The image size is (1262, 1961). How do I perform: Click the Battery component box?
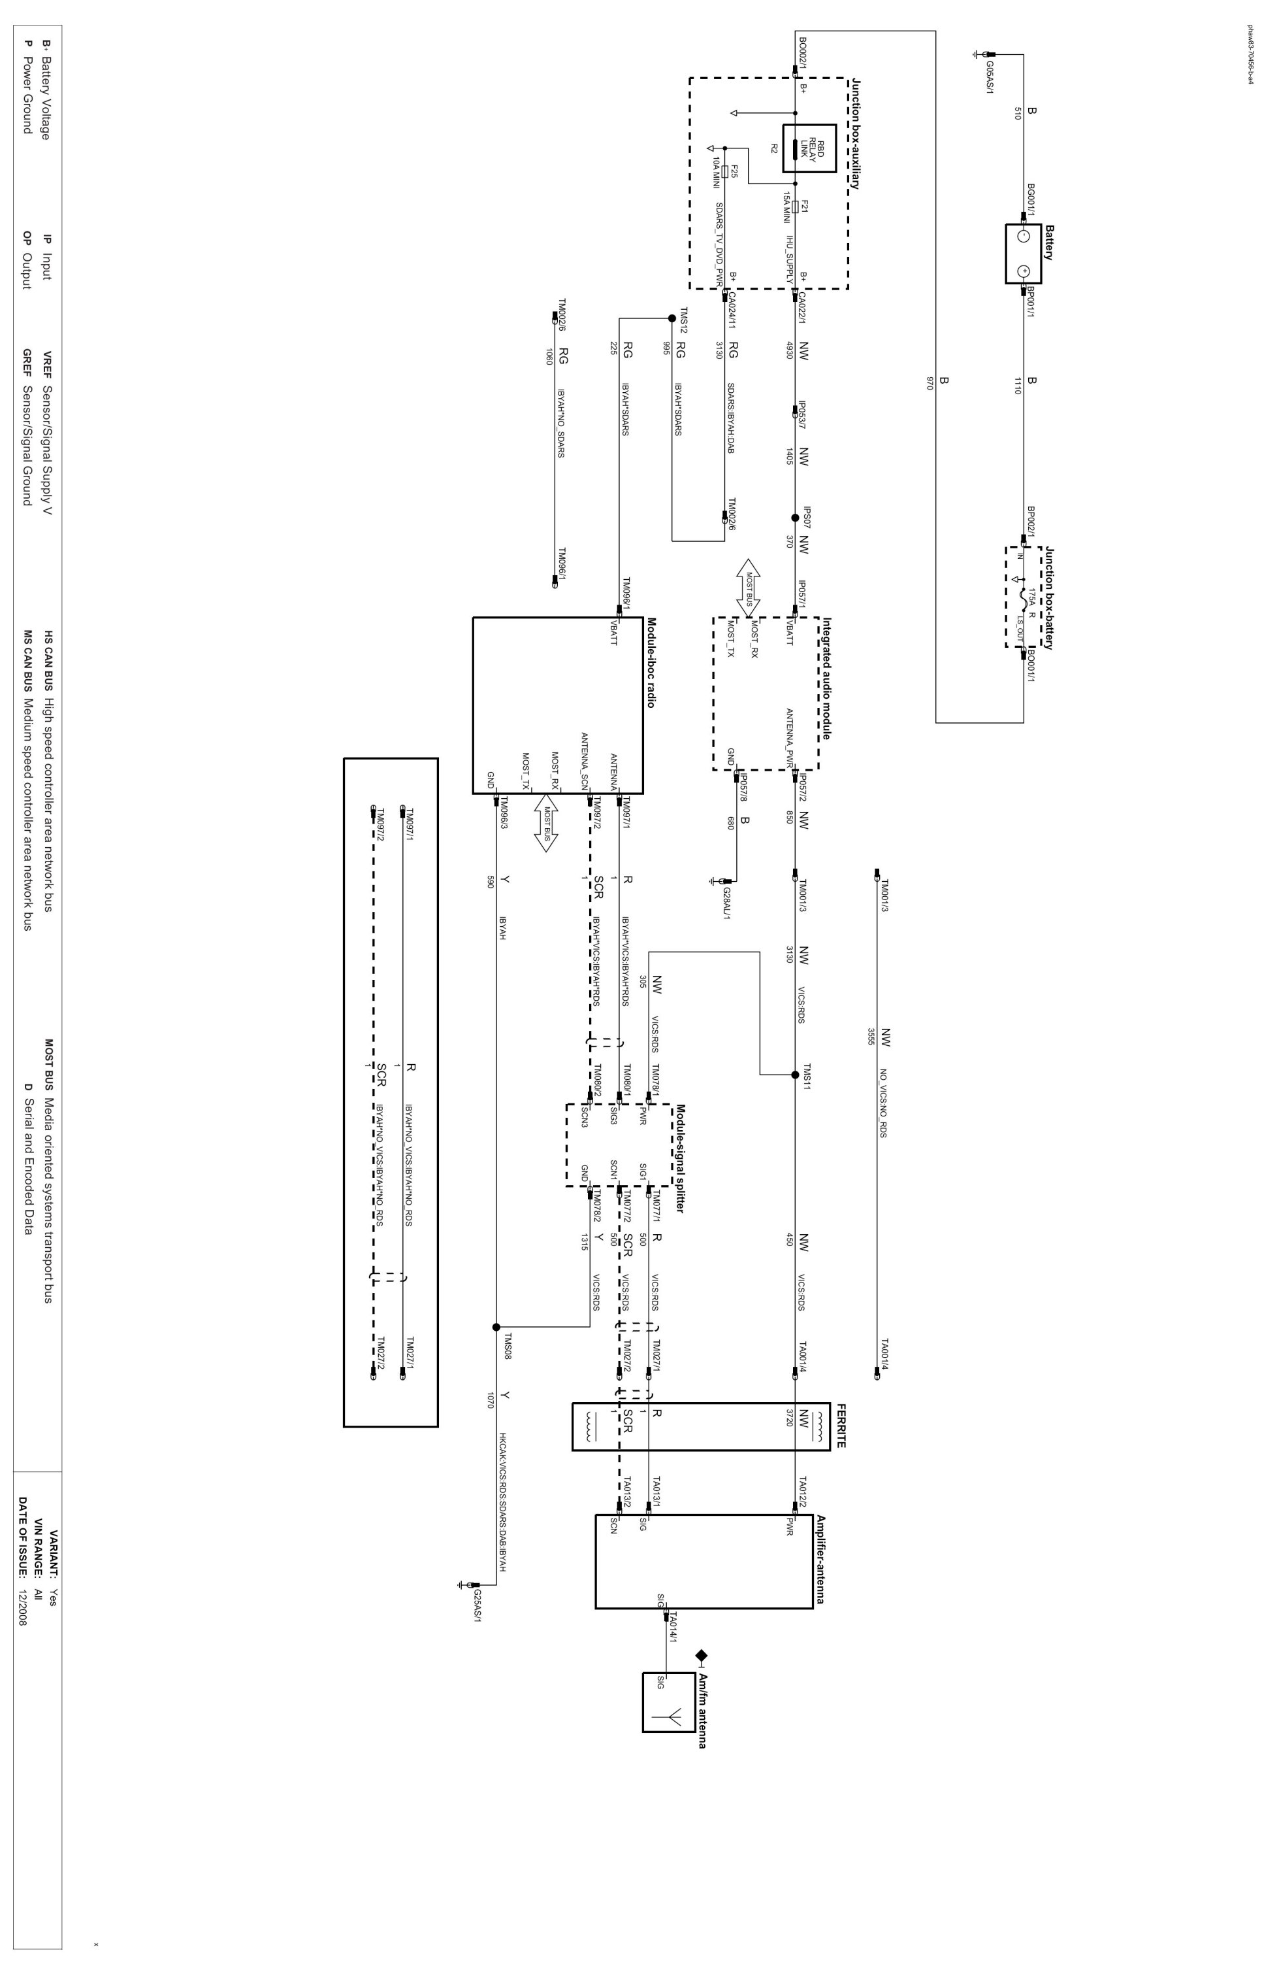[1023, 254]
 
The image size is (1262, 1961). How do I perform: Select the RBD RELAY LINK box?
[809, 148]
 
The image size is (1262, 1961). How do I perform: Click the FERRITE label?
[841, 1425]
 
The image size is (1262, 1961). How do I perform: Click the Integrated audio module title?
[827, 678]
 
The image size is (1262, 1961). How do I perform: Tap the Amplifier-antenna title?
[820, 1558]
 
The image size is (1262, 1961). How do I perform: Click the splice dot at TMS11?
[795, 1074]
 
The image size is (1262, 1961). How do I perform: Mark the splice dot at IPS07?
[795, 518]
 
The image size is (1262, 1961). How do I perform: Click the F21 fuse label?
[805, 206]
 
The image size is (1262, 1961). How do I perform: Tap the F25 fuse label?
[734, 171]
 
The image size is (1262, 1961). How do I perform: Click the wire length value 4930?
[789, 351]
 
